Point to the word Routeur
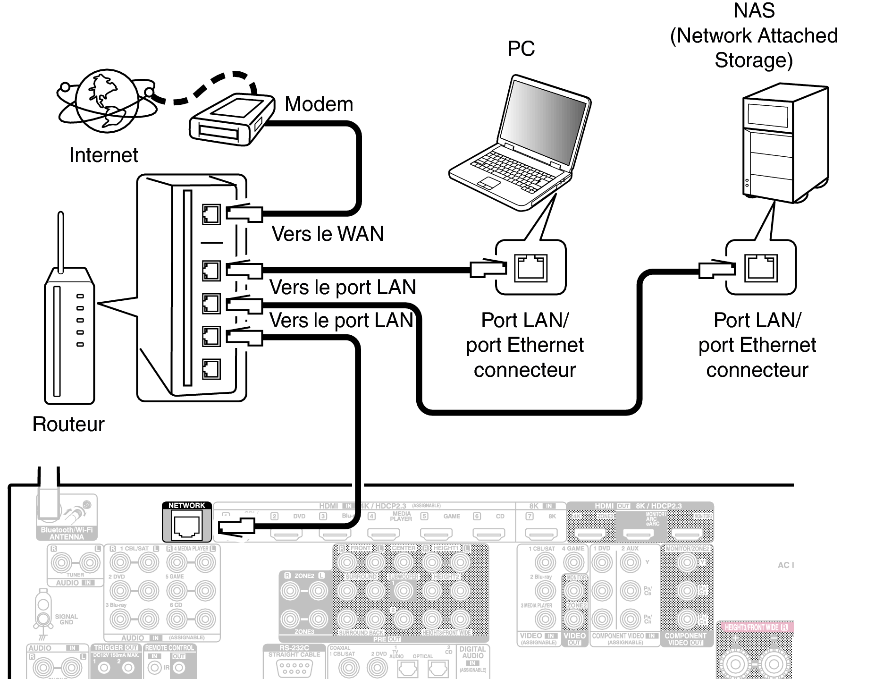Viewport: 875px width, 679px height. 68,424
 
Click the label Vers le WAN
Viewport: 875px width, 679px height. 328,234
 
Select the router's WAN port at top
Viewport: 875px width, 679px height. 211,214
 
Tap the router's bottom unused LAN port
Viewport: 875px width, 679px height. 211,369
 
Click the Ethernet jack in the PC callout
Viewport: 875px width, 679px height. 531,268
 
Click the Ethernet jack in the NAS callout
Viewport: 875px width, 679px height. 761,268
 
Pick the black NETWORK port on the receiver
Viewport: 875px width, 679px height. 187,526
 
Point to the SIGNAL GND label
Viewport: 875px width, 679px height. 66,619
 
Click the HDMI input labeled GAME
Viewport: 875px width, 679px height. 436,534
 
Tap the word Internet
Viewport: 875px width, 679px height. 103,155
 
